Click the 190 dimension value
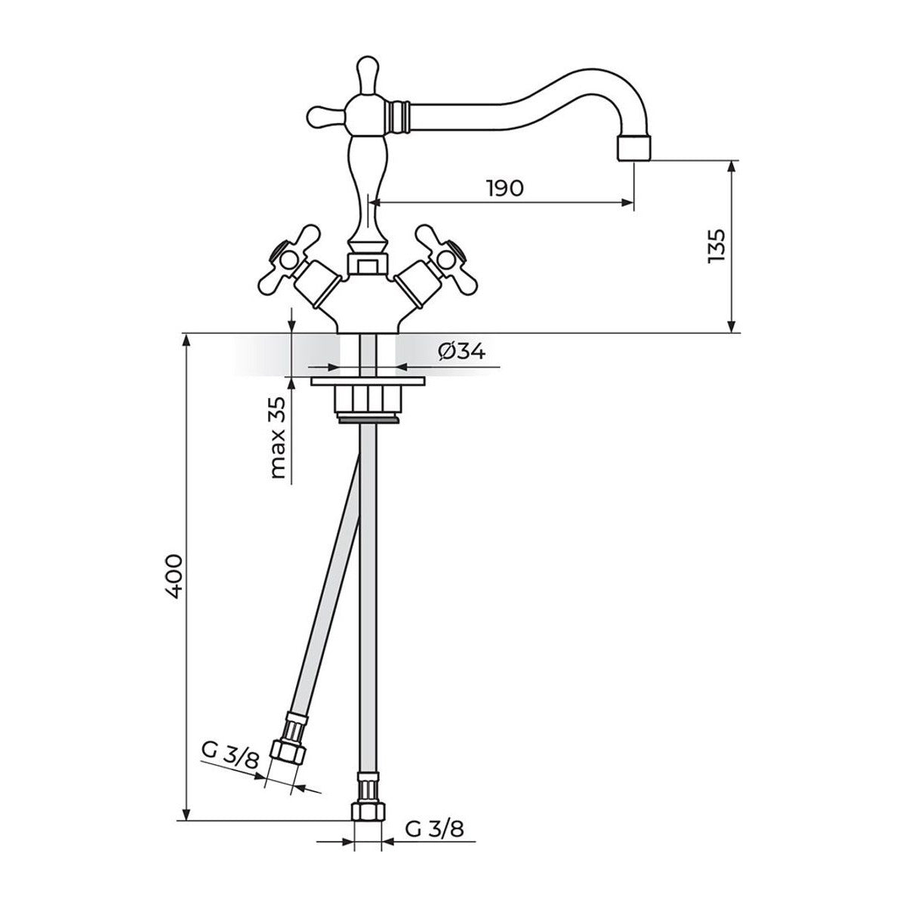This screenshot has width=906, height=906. (505, 189)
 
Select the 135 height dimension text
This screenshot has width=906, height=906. (716, 247)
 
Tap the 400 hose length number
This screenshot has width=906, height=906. (174, 576)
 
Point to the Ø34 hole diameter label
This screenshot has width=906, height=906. (461, 351)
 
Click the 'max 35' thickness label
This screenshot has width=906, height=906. (279, 437)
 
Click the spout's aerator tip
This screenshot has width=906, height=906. (633, 148)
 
